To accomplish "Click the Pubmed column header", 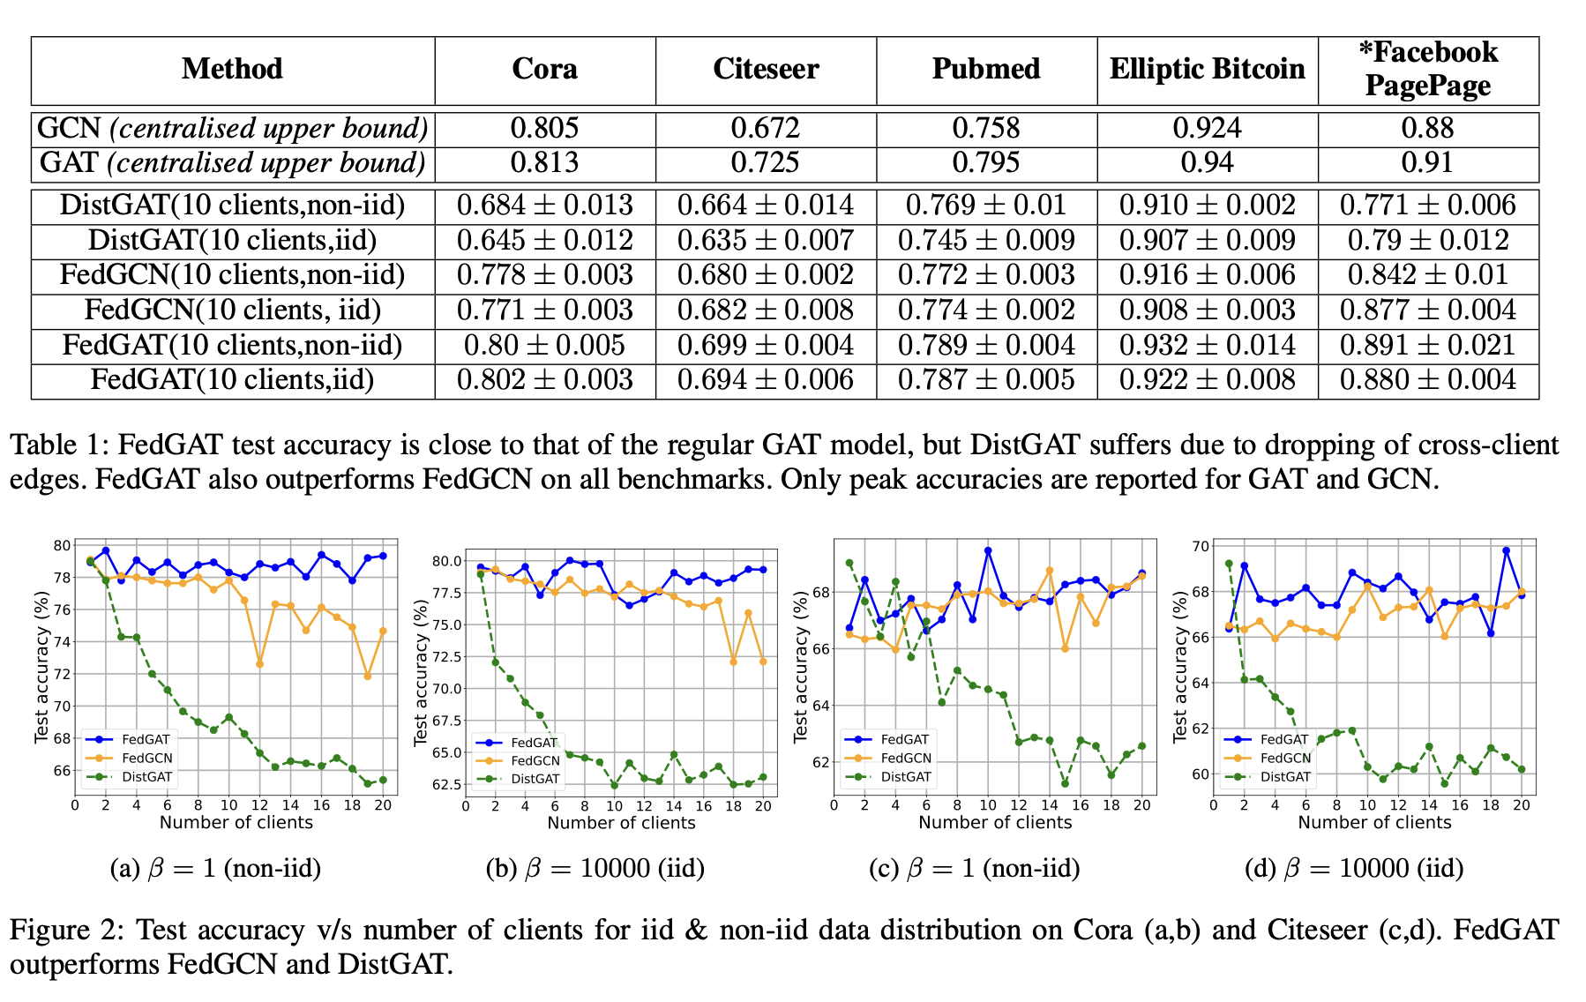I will pos(986,70).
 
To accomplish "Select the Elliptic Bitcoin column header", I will pos(1207,70).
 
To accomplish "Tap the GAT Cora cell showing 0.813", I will pos(544,163).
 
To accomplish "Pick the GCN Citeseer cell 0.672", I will pos(765,129).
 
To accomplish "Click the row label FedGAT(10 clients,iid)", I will pos(232,380).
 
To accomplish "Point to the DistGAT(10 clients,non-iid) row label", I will pos(232,206).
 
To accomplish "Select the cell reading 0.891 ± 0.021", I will pos(1427,345).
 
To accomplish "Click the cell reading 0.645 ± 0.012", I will pos(544,241).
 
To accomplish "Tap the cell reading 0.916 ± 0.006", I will pos(1207,275).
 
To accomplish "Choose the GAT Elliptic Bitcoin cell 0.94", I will pos(1207,163).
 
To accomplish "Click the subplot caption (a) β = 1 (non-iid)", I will pos(215,869).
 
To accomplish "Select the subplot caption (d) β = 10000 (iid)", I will pos(1354,869).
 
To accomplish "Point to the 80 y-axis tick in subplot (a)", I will pos(62,546).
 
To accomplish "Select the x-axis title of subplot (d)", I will pos(1374,823).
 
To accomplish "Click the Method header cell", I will pos(232,70).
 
